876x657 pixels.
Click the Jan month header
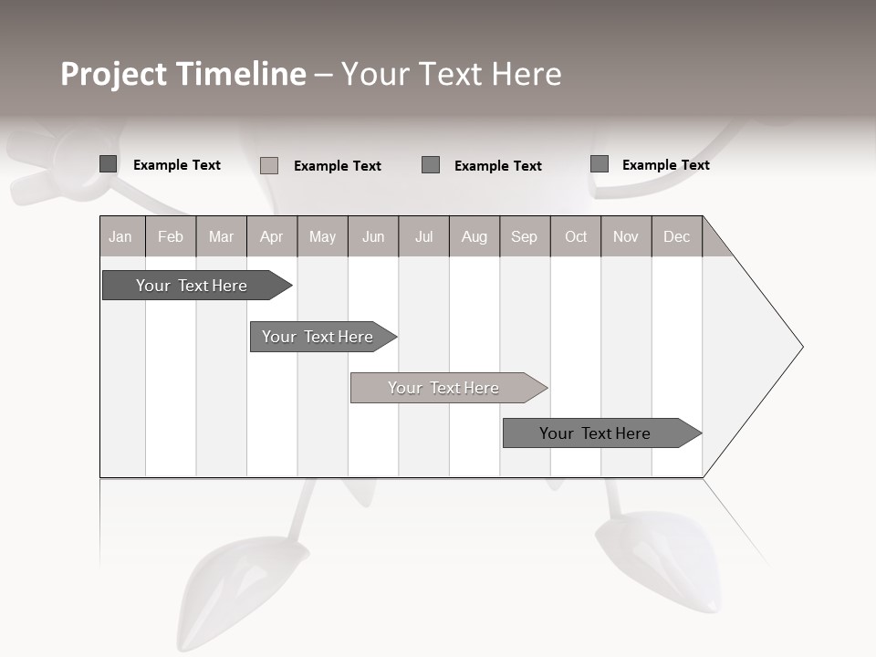[x=121, y=236]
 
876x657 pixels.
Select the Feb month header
[x=171, y=236]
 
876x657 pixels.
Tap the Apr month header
[x=272, y=236]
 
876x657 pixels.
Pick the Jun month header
[x=373, y=236]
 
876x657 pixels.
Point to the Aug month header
[x=474, y=236]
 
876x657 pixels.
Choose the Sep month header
[x=525, y=236]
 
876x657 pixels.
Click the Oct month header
[x=576, y=236]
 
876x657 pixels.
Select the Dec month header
[x=677, y=236]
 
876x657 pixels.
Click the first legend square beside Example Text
[x=109, y=164]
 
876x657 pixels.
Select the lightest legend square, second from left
[x=269, y=165]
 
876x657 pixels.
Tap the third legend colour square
[x=431, y=165]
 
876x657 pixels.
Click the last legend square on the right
[x=600, y=164]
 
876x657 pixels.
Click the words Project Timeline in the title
[x=182, y=74]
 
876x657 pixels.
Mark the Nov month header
[x=626, y=236]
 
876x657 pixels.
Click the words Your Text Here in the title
[x=452, y=74]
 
